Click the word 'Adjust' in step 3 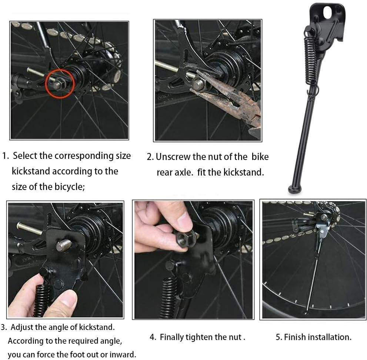(x=22, y=327)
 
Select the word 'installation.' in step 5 (x=329, y=337)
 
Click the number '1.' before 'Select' (x=6, y=156)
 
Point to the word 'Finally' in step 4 (x=173, y=337)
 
